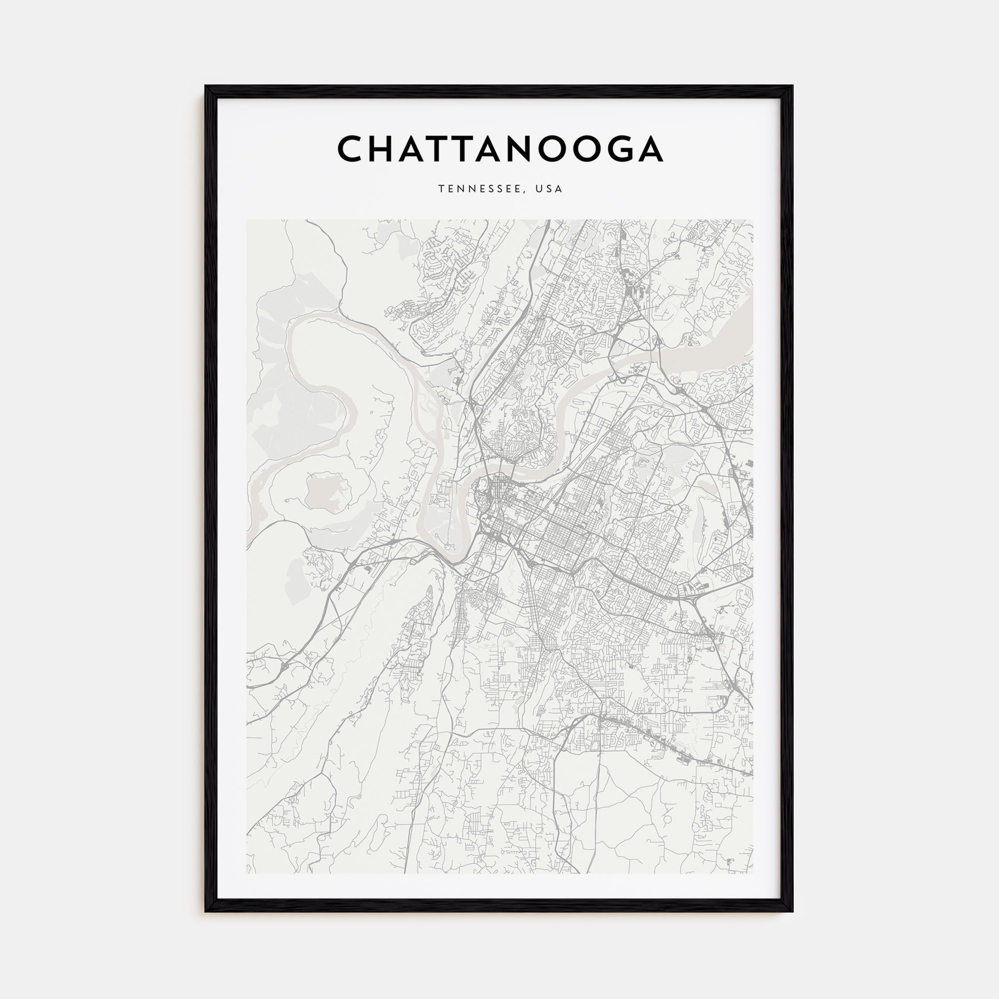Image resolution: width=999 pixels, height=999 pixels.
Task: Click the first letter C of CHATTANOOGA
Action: coord(353,149)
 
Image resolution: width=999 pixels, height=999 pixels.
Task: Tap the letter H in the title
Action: coord(388,149)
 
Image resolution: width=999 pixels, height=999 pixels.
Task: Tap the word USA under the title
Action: coord(549,189)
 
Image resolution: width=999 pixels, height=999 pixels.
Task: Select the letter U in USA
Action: coord(539,189)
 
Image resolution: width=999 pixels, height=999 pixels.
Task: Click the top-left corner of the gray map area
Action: coord(247,220)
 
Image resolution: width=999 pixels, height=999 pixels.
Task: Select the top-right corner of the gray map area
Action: coord(753,220)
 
